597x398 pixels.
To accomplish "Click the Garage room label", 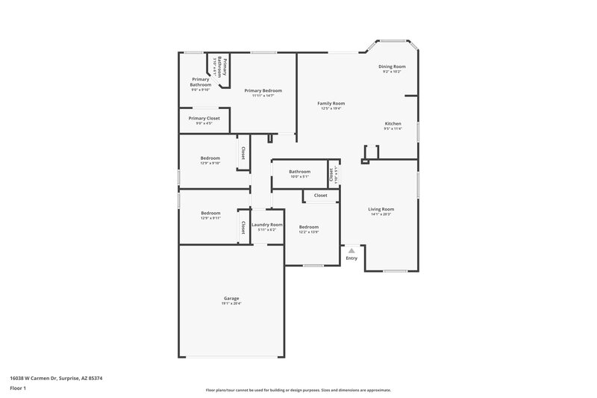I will click(x=231, y=298).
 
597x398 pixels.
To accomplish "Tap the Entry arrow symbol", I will click(x=351, y=251).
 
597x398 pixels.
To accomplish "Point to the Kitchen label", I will click(x=393, y=123).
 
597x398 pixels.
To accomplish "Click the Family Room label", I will click(x=331, y=103).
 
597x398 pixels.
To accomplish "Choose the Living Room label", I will click(x=381, y=209).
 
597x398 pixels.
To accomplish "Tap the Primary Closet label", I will click(x=204, y=118).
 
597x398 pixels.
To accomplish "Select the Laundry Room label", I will click(x=266, y=225).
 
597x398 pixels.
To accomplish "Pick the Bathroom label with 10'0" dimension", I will click(x=299, y=172).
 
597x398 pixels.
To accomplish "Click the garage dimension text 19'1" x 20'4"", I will click(x=231, y=303).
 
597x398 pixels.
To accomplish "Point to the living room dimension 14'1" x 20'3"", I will click(x=381, y=214).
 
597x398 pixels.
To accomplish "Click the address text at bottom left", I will click(x=56, y=379).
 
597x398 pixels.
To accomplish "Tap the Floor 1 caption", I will click(x=18, y=389).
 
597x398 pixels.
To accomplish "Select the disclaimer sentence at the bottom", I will click(x=298, y=390).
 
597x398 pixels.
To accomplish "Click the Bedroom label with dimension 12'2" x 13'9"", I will click(x=309, y=227).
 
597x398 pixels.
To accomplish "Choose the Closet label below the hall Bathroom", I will click(x=320, y=196).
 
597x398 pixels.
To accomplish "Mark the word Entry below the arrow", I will click(x=351, y=258).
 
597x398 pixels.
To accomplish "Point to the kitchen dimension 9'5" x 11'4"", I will click(x=393, y=128).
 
